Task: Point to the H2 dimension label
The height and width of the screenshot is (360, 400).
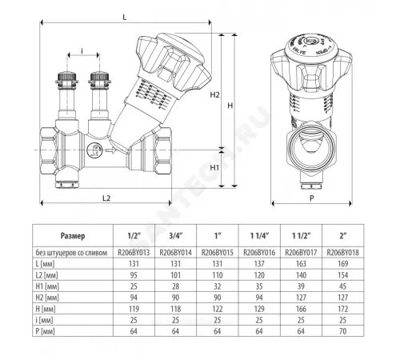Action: point(214,95)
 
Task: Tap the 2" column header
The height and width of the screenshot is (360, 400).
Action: point(344,237)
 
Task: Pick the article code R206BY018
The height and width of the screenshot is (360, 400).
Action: point(344,251)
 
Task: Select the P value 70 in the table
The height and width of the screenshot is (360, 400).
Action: point(344,329)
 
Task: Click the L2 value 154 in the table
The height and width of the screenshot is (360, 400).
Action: point(344,274)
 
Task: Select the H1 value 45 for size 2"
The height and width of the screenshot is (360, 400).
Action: point(344,285)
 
